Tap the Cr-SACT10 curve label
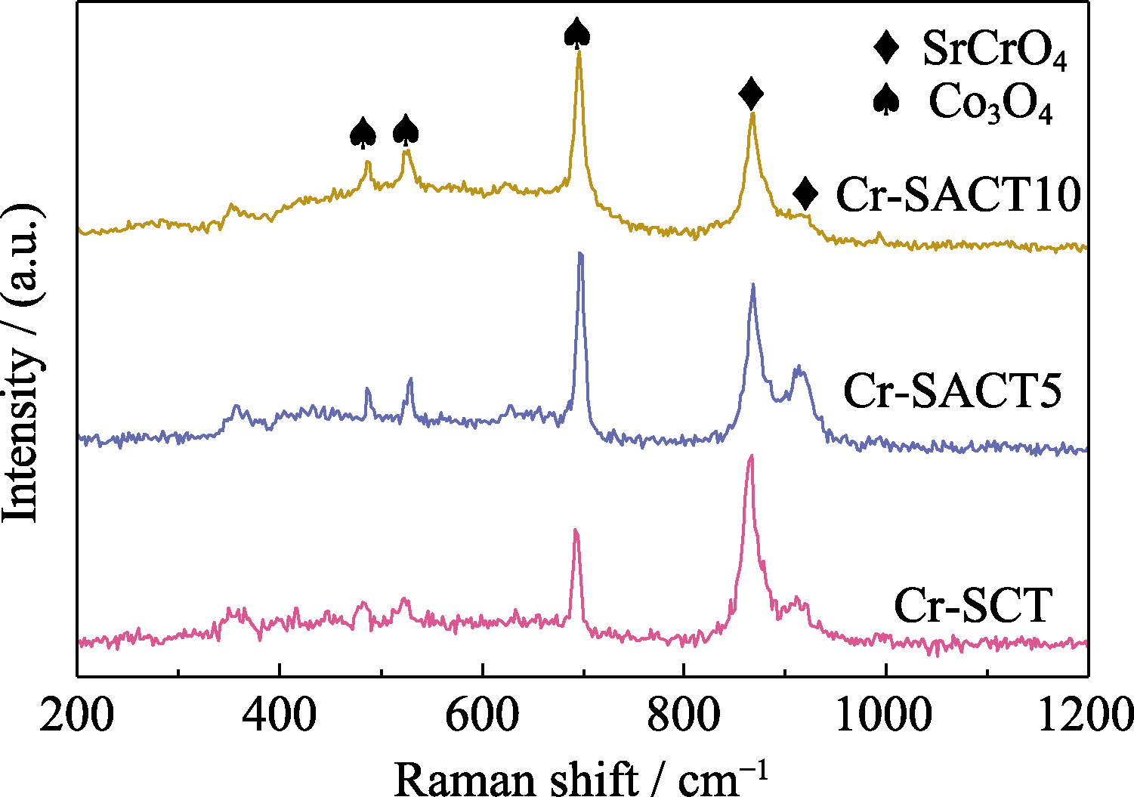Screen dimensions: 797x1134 (959, 195)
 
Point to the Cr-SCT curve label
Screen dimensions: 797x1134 (972, 605)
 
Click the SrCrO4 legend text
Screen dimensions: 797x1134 (994, 51)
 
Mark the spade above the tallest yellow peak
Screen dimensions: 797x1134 (577, 32)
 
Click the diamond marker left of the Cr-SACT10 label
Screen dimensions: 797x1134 (806, 194)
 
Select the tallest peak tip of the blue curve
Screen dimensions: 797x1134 (579, 254)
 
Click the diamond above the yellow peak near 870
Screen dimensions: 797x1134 (751, 94)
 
